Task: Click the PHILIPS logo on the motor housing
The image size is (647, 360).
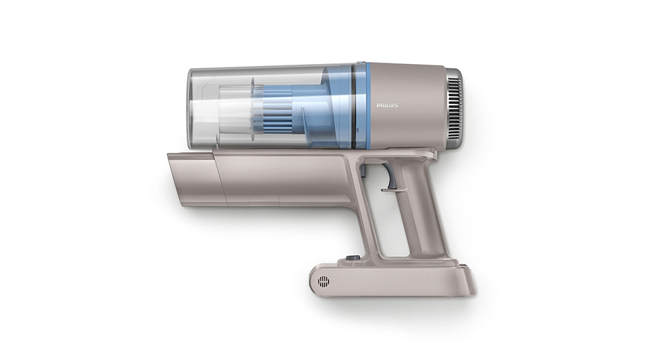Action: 387,106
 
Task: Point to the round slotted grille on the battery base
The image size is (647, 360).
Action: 323,282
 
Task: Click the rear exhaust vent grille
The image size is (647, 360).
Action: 454,106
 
